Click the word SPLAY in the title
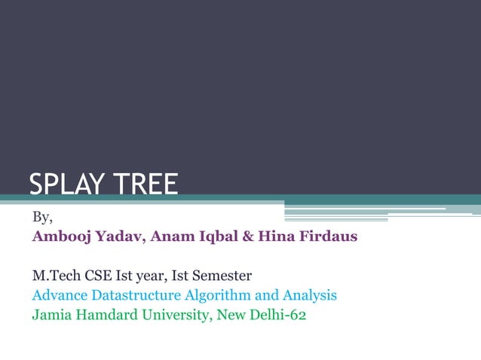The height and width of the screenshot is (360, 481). tap(62, 185)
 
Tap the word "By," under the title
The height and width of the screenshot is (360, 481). tap(42, 218)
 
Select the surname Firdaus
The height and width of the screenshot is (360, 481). tap(326, 237)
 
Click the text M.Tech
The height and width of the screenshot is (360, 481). tap(54, 276)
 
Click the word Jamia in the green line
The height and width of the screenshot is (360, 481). tap(50, 315)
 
